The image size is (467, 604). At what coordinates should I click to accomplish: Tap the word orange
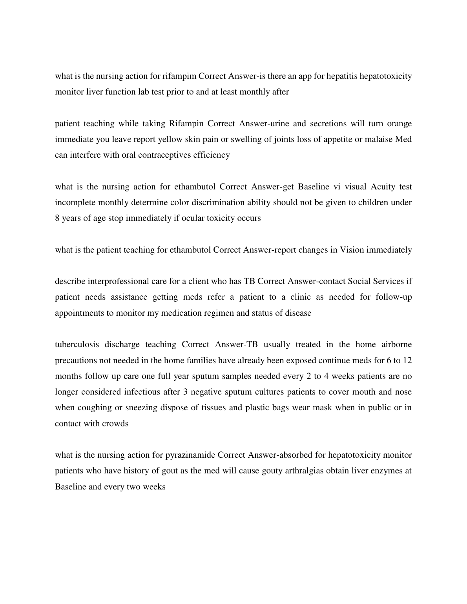click(x=399, y=124)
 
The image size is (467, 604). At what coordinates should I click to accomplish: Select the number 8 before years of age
click(x=57, y=218)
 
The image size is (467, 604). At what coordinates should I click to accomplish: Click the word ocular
click(x=196, y=218)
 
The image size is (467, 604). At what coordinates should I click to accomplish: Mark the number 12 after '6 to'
click(x=407, y=360)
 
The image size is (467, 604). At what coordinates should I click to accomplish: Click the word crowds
click(x=115, y=424)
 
